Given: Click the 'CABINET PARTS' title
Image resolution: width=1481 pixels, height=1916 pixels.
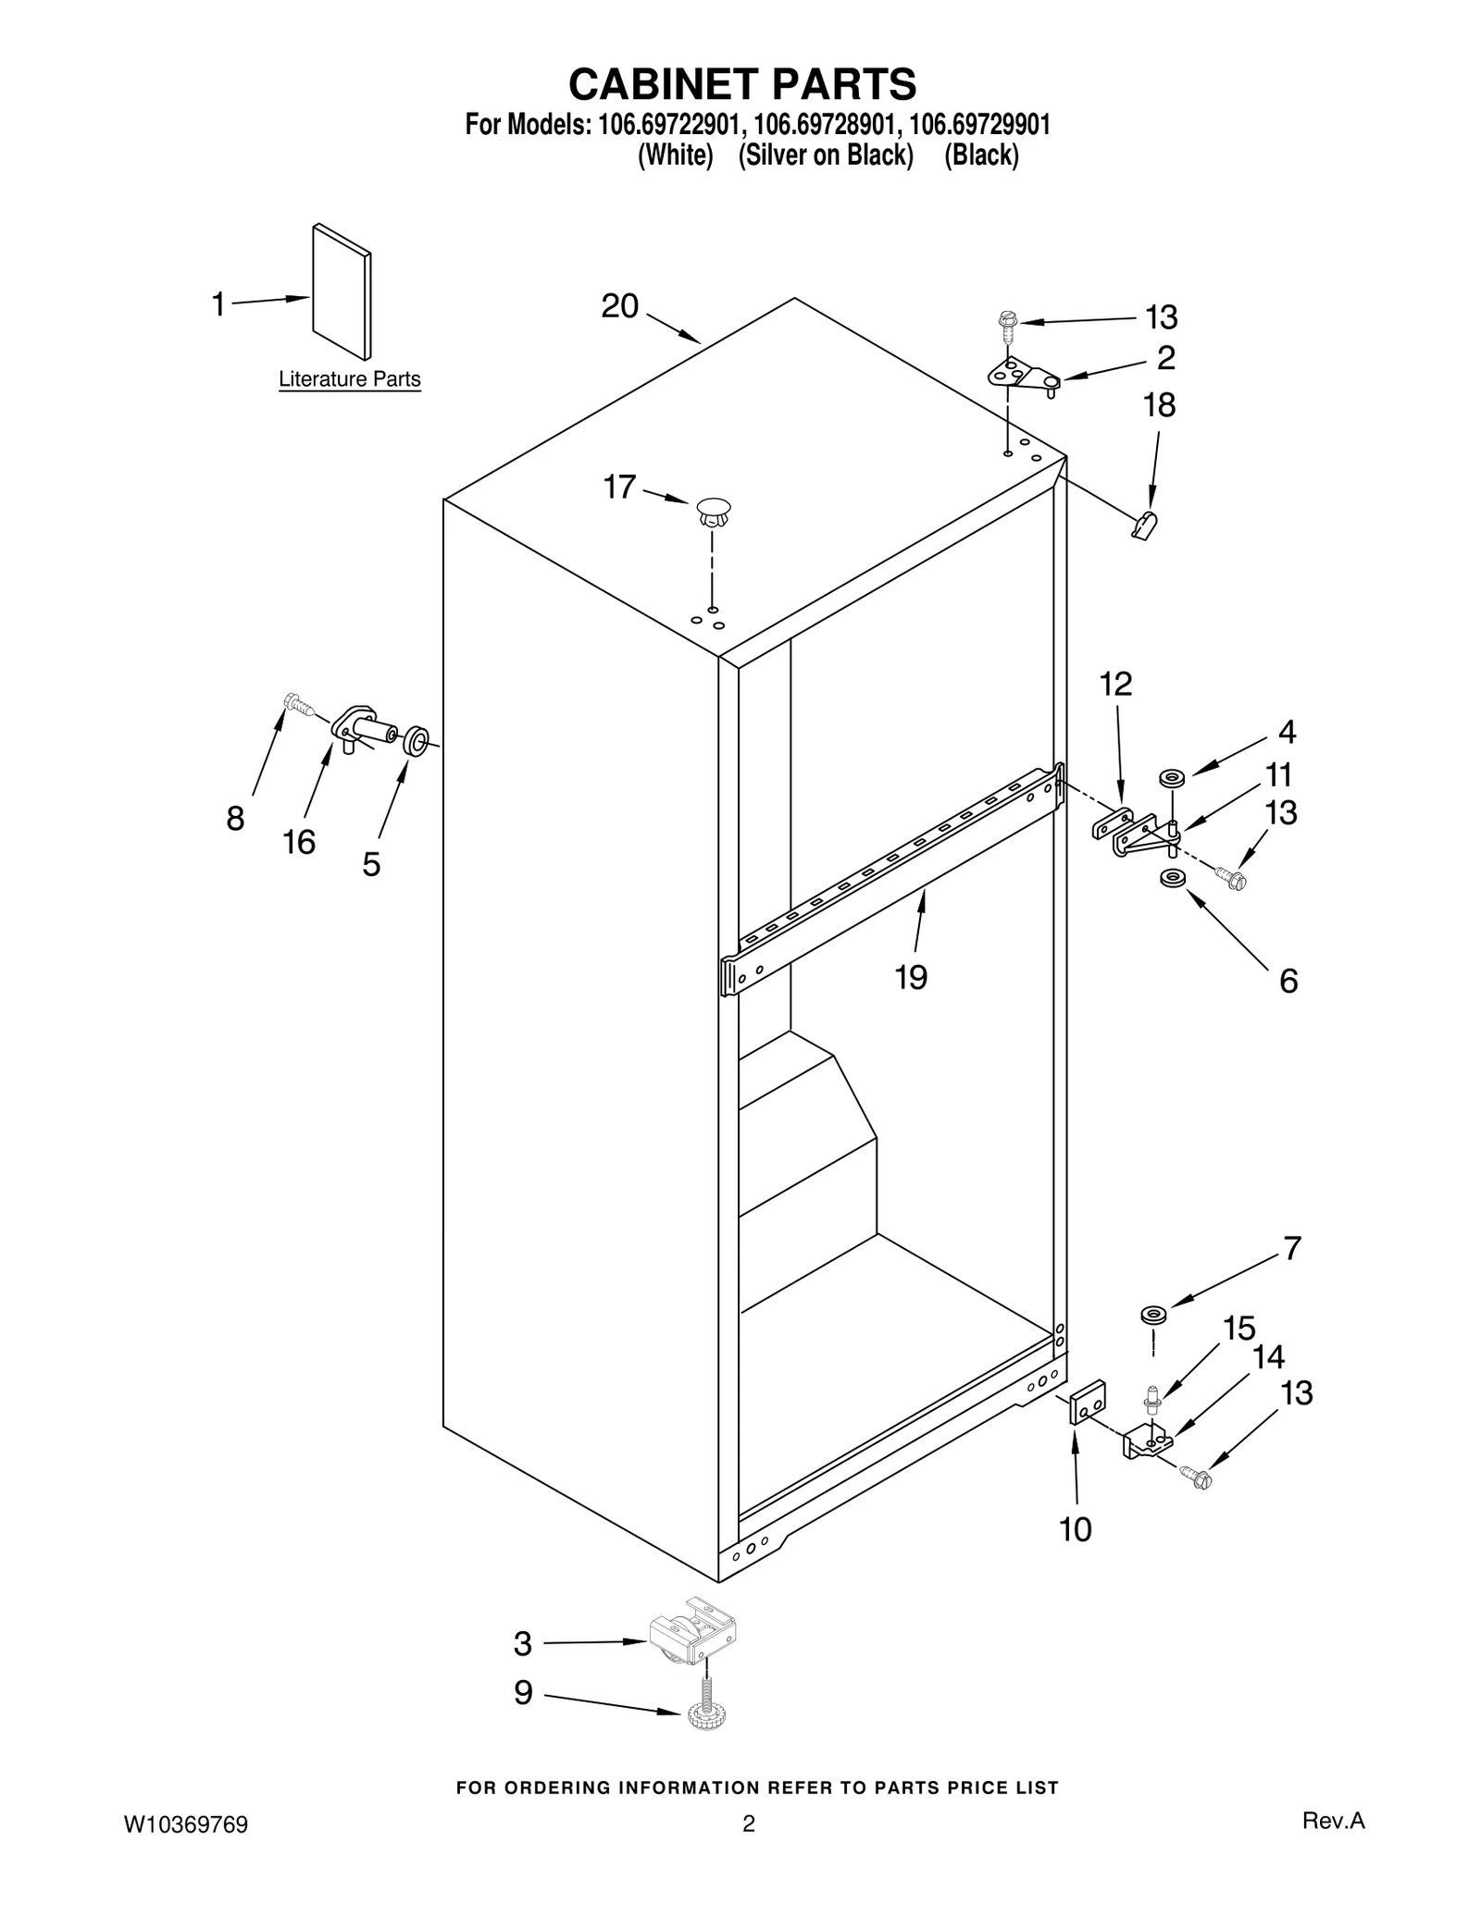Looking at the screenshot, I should (x=741, y=84).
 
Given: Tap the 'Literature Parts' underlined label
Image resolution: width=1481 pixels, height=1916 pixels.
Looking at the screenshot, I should (x=349, y=379).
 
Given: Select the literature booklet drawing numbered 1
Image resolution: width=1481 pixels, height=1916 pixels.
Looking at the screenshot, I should (x=342, y=290).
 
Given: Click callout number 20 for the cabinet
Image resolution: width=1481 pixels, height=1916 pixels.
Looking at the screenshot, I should (x=619, y=306).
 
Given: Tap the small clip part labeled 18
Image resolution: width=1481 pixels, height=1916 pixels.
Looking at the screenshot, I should (x=1145, y=525).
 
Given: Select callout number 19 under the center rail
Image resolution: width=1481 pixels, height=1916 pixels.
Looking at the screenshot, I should (x=911, y=976).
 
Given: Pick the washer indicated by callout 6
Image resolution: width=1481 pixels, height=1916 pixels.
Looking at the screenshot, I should (x=1173, y=877).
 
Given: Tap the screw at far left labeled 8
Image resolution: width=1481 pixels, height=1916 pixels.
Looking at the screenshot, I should (x=297, y=704).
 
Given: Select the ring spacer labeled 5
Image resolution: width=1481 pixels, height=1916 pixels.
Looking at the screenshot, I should (x=416, y=740).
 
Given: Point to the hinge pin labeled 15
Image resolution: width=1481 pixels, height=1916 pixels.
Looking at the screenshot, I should (x=1152, y=1398).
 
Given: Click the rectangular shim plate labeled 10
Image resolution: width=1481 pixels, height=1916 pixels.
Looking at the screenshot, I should (x=1088, y=1403).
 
